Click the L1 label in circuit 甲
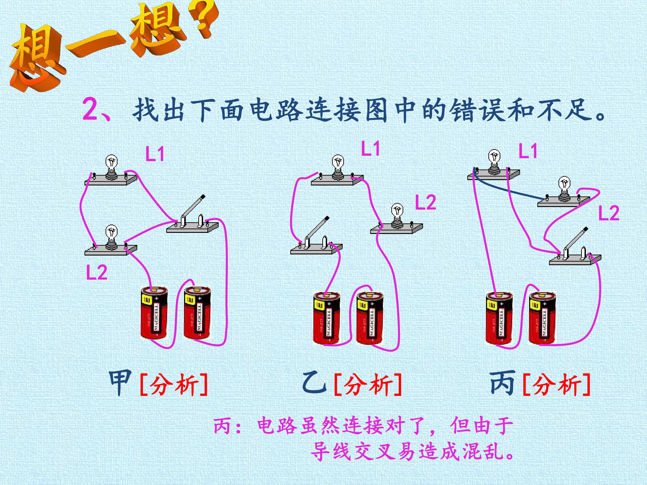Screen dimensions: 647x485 (x=155, y=154)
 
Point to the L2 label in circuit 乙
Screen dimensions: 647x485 (x=425, y=202)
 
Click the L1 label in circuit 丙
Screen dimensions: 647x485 (x=528, y=151)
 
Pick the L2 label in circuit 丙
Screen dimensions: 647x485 (x=609, y=213)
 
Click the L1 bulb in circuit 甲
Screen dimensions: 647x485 (x=111, y=167)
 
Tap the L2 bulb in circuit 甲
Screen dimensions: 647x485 (x=111, y=237)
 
